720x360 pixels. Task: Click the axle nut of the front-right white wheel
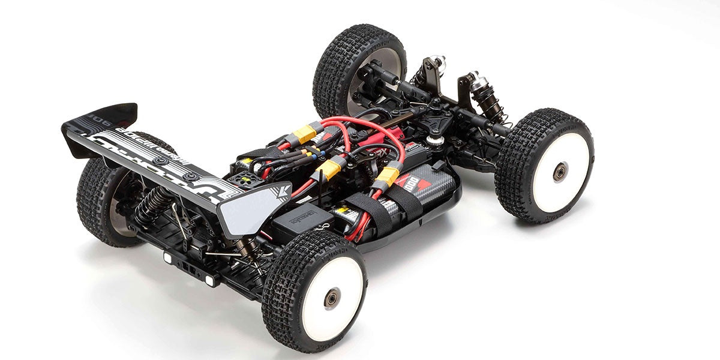559,172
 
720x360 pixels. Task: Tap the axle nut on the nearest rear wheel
332,298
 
